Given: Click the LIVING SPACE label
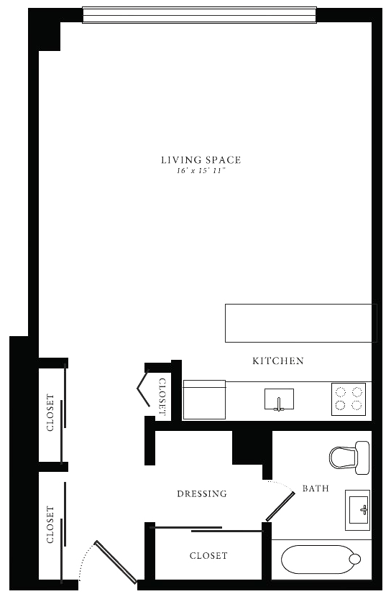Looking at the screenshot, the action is click(201, 159).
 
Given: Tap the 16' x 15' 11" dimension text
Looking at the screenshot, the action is click(201, 171).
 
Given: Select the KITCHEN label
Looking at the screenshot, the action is click(278, 361).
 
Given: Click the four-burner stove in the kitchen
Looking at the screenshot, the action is click(349, 399).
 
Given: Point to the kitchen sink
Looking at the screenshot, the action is click(280, 399).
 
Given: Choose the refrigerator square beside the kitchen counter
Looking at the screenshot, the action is click(204, 399).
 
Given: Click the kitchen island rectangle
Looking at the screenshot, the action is click(301, 323).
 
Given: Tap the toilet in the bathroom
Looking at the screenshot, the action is click(349, 458).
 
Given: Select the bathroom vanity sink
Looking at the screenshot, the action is click(358, 510).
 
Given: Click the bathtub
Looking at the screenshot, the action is click(321, 559).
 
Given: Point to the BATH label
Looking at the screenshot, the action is click(316, 488).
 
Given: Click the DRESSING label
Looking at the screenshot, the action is click(202, 493).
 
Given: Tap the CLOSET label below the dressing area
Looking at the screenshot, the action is click(208, 555).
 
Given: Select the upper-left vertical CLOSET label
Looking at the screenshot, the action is click(50, 413).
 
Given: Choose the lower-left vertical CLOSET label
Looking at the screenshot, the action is click(50, 524).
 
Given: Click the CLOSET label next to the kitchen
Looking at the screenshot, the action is click(162, 397).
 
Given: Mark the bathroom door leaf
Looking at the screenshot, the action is click(280, 506).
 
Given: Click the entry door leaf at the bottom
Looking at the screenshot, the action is click(116, 562).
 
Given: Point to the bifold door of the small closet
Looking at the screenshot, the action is click(143, 389).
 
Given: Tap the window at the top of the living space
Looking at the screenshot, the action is click(200, 15).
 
